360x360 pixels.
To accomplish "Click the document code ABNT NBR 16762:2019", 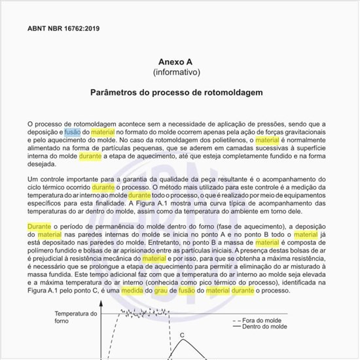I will (x=64, y=29).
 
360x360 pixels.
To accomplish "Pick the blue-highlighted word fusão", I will (x=72, y=132).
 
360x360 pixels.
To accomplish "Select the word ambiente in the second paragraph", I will (x=256, y=212).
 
